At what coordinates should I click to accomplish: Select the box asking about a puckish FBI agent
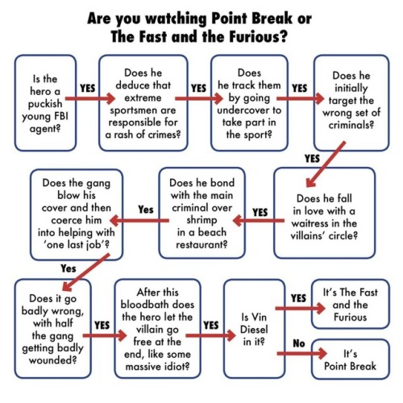click(45, 103)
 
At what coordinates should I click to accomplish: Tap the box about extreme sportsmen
click(143, 103)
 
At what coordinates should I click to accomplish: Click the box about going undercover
click(249, 103)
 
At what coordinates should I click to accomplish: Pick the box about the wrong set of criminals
click(351, 103)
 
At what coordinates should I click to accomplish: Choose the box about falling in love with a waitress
click(324, 213)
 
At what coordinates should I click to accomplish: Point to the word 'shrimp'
click(201, 220)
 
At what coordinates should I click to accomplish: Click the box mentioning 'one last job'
click(77, 214)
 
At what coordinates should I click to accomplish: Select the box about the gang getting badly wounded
click(53, 329)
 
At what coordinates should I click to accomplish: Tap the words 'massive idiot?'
click(157, 367)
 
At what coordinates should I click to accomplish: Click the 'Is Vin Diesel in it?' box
click(254, 329)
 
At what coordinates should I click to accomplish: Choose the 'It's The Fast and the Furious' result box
click(351, 304)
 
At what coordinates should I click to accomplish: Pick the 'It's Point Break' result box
click(351, 359)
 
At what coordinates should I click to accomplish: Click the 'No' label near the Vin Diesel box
click(299, 343)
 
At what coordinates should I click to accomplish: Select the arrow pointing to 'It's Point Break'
click(302, 353)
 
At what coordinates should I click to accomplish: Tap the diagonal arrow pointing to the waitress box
click(326, 164)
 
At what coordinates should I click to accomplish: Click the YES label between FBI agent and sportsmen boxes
click(88, 88)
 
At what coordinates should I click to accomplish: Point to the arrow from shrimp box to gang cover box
click(139, 221)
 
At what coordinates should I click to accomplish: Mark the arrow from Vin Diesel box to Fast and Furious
click(301, 309)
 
